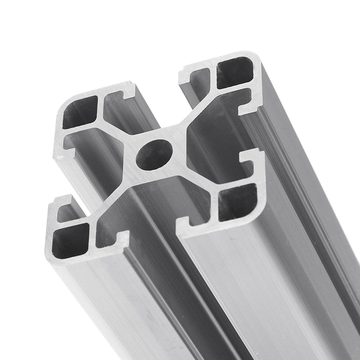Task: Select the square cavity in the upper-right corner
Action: pos(234,72)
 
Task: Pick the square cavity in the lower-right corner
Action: pos(237,203)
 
